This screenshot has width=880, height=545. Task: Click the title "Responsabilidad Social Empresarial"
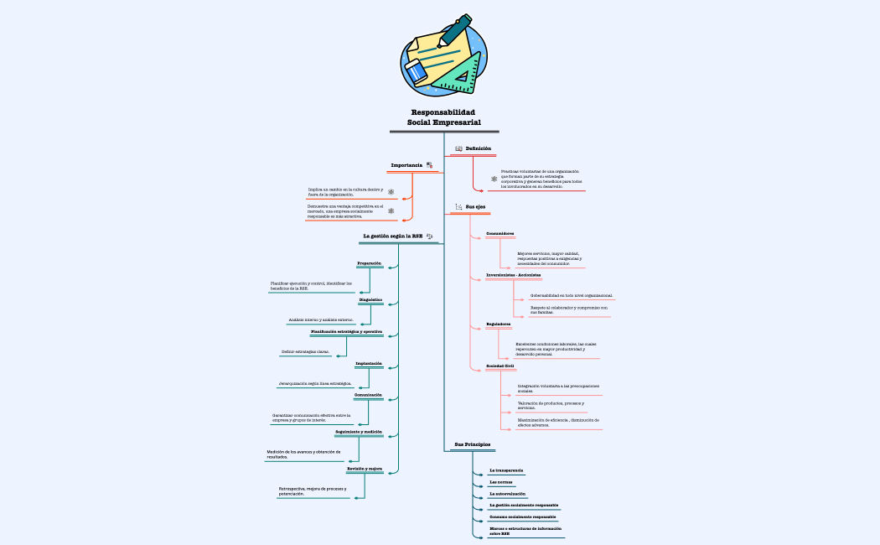click(x=443, y=117)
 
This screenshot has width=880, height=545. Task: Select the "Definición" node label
click(x=478, y=148)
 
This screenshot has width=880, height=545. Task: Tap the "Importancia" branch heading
click(x=406, y=165)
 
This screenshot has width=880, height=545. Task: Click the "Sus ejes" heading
click(x=475, y=206)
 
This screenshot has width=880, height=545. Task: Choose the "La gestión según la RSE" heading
click(x=393, y=236)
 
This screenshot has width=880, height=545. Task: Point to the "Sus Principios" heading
click(x=473, y=444)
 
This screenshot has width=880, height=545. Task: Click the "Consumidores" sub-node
click(x=500, y=233)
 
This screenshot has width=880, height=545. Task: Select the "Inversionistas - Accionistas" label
click(x=514, y=274)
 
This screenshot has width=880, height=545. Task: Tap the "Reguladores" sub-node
click(x=499, y=324)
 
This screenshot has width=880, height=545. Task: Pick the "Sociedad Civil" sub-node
click(x=500, y=366)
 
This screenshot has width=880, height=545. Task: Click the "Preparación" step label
click(x=370, y=263)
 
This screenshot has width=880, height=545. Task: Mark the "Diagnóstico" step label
click(x=370, y=299)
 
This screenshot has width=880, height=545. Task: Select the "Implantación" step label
click(x=369, y=363)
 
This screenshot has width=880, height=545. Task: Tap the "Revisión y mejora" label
click(x=364, y=469)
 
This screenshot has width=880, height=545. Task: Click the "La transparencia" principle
click(x=506, y=470)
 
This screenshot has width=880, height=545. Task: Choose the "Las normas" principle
click(x=501, y=482)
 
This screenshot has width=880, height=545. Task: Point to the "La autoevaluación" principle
click(x=508, y=494)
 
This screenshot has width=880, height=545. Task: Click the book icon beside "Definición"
click(x=458, y=148)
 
